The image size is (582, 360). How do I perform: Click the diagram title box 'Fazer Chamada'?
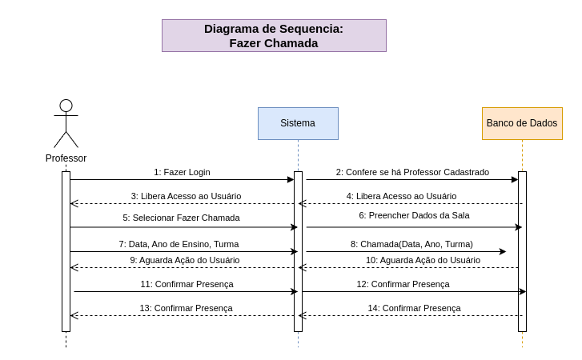tap(274, 36)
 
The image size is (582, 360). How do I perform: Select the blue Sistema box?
tap(298, 123)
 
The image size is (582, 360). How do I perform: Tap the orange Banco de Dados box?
tap(522, 123)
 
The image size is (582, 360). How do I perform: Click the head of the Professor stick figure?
tap(66, 106)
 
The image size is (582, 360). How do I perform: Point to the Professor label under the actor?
tap(66, 158)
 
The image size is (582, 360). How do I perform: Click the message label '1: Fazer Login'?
tap(182, 172)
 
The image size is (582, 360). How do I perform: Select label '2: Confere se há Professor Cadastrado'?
tap(412, 172)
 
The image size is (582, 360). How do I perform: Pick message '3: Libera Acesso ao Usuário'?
tap(186, 196)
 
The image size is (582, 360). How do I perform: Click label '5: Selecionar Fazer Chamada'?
tap(181, 218)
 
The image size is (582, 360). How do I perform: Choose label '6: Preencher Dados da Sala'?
tap(414, 215)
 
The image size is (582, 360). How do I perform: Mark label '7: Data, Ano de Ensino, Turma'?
tap(179, 244)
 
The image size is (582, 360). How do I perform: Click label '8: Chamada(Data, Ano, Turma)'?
tap(411, 244)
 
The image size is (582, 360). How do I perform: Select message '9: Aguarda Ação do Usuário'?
tap(185, 260)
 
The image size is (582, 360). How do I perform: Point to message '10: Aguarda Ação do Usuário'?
tap(423, 260)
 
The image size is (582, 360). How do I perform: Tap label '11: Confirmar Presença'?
tap(187, 284)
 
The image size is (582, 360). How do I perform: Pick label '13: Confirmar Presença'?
tap(186, 308)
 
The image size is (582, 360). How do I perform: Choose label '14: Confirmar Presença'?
tap(414, 308)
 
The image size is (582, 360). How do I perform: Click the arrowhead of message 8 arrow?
tap(503, 251)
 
